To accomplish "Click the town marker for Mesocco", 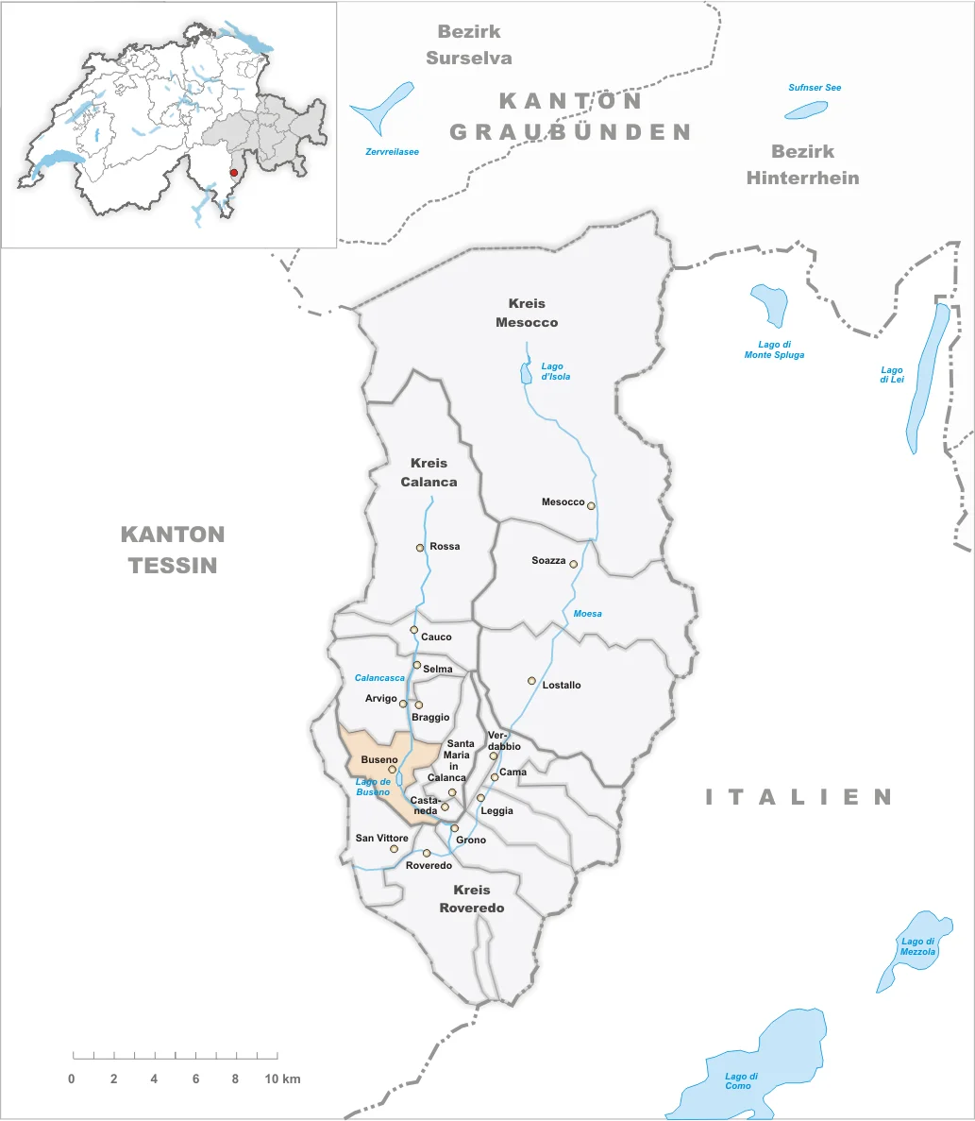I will click(592, 505).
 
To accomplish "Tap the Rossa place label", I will click(445, 547).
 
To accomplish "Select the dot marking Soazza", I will click(573, 564).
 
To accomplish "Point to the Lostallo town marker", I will click(531, 681).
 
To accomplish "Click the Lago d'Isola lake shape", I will click(526, 374).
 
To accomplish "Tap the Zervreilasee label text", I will click(392, 152).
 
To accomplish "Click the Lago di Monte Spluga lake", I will click(769, 304).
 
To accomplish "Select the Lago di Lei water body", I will click(928, 378).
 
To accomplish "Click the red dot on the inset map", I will click(234, 173).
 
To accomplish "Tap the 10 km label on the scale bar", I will click(283, 1079).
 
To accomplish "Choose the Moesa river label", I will click(587, 614).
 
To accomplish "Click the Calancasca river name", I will click(379, 678).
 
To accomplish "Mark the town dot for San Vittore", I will click(395, 849).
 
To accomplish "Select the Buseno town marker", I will click(393, 770).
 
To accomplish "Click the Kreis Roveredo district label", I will click(472, 899).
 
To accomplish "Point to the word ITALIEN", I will click(799, 797).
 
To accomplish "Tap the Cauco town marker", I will click(413, 629).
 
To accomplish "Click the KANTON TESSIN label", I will click(173, 550).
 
